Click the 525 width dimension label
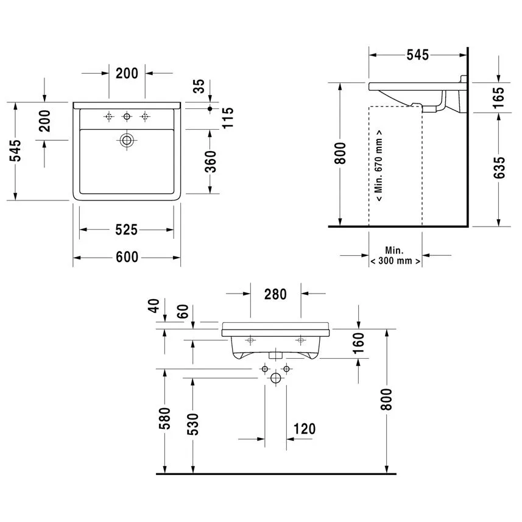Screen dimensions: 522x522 click(127, 230)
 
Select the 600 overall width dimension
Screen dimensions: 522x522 click(127, 258)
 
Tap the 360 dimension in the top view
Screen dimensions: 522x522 click(210, 161)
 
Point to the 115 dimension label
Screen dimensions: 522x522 click(228, 118)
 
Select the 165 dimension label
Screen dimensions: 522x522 click(499, 97)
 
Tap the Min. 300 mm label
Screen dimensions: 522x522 click(395, 256)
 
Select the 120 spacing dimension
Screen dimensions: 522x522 click(304, 429)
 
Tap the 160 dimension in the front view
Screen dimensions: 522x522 click(358, 344)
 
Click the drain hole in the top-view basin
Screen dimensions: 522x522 click(127, 140)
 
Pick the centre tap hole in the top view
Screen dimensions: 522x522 click(127, 116)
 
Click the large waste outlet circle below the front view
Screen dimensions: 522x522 click(275, 379)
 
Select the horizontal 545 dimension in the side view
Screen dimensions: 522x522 click(417, 55)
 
